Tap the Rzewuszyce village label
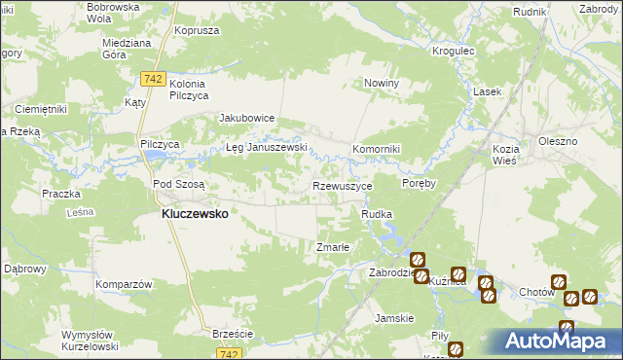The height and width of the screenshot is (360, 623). (341, 185)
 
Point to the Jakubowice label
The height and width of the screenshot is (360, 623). (247, 118)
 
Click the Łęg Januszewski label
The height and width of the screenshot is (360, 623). (267, 148)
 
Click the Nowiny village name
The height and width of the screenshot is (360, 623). (383, 84)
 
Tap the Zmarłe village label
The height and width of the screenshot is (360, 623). (333, 247)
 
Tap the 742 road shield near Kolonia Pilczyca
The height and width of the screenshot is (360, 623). (151, 78)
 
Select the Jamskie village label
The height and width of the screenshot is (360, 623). (395, 318)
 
